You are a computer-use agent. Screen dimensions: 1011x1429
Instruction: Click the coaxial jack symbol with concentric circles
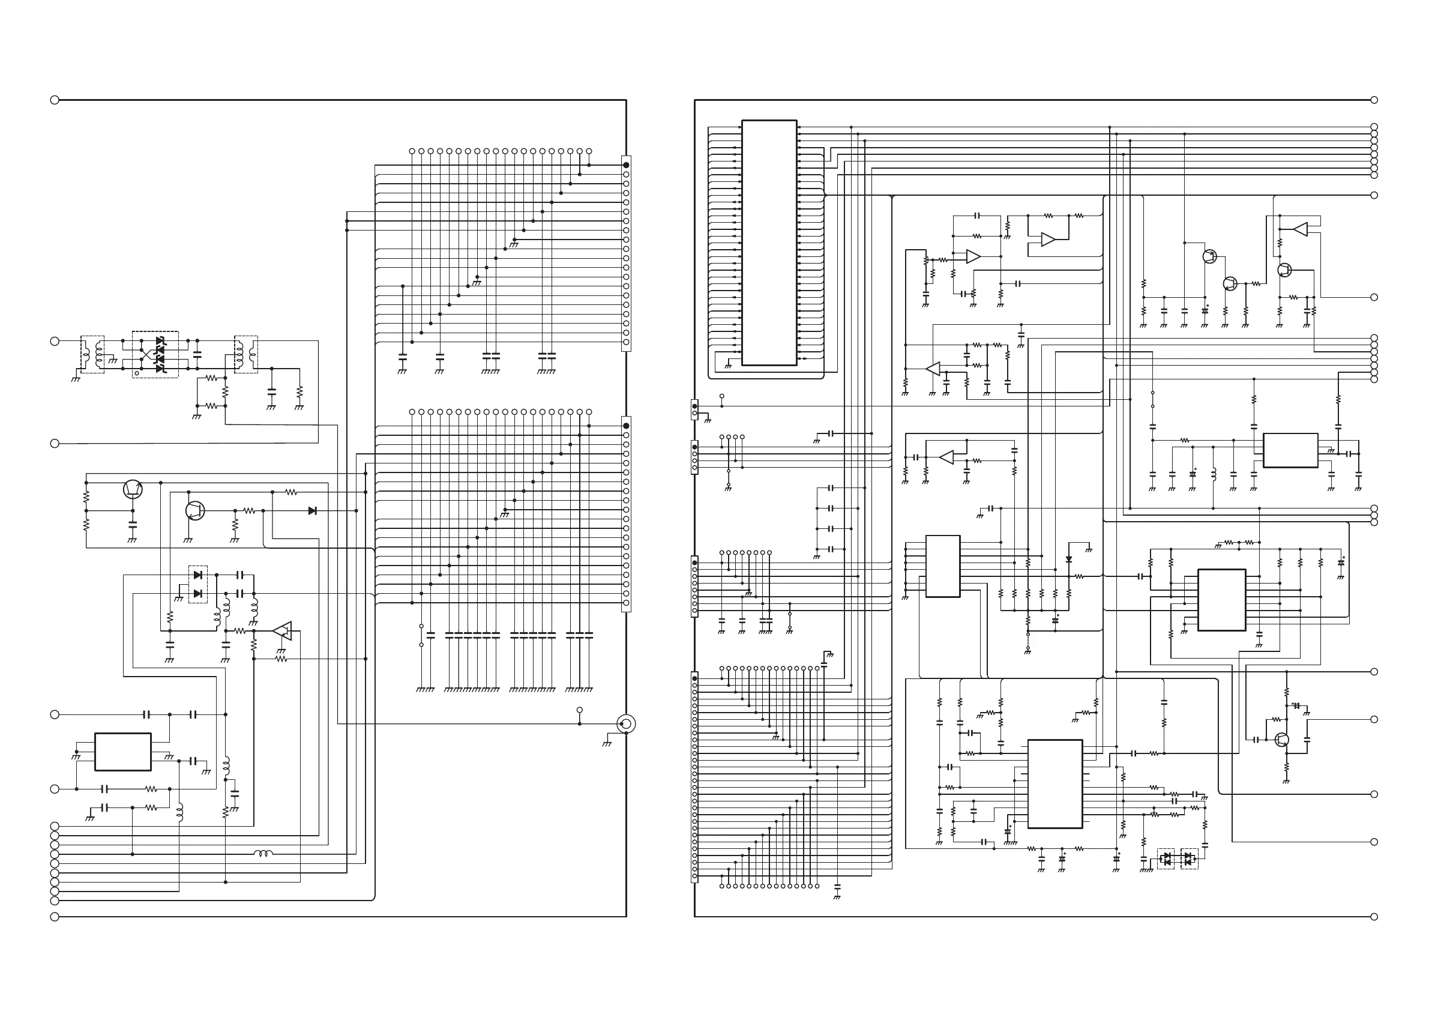[x=625, y=723]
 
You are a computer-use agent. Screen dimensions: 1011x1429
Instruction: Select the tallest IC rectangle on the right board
[x=769, y=243]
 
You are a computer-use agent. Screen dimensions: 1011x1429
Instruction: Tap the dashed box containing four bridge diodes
[x=155, y=354]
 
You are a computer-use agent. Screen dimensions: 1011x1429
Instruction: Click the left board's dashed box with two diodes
[x=198, y=584]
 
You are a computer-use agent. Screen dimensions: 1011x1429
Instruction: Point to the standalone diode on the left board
[x=312, y=510]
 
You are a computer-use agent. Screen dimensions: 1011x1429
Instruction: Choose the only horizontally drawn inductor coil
[x=263, y=854]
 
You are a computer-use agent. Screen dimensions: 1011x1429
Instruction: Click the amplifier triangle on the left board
[x=283, y=630]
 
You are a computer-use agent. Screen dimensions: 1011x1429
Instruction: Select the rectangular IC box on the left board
[x=122, y=752]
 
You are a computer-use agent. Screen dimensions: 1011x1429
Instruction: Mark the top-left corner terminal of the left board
[x=54, y=100]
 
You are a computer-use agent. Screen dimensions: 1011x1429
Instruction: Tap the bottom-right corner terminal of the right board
[x=1374, y=916]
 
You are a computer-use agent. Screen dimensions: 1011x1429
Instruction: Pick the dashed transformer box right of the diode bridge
[x=246, y=354]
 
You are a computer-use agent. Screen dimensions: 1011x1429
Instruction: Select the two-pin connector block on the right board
[x=694, y=409]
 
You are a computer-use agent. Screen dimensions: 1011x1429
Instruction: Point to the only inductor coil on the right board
[x=1213, y=475]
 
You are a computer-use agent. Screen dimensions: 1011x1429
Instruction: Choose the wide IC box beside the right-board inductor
[x=1290, y=450]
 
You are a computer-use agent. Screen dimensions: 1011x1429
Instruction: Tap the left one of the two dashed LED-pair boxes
[x=1166, y=859]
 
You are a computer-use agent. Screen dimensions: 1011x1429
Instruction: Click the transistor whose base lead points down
[x=133, y=489]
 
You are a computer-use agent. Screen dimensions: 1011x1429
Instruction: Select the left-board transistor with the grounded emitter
[x=195, y=510]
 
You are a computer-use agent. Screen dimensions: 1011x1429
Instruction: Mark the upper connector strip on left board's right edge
[x=626, y=253]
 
